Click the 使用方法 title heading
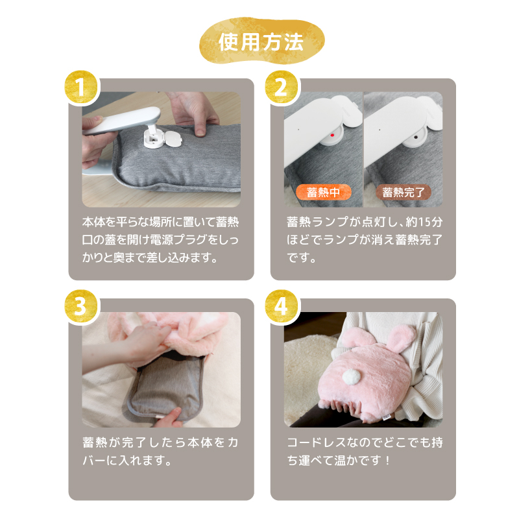point(261,42)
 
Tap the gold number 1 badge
point(80,87)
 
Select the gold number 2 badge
point(281,87)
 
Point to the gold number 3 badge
point(80,306)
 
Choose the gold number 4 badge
point(281,306)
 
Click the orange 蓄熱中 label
point(323,192)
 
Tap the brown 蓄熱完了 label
point(403,192)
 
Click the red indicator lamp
point(333,135)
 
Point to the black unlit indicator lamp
point(416,136)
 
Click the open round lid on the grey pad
point(173,138)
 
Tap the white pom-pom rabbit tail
point(351,376)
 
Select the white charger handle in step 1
point(121,120)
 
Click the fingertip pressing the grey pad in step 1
point(200,132)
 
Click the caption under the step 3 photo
point(160,451)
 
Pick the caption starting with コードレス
point(365,451)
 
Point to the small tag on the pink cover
point(386,418)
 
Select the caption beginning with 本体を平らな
point(160,239)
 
